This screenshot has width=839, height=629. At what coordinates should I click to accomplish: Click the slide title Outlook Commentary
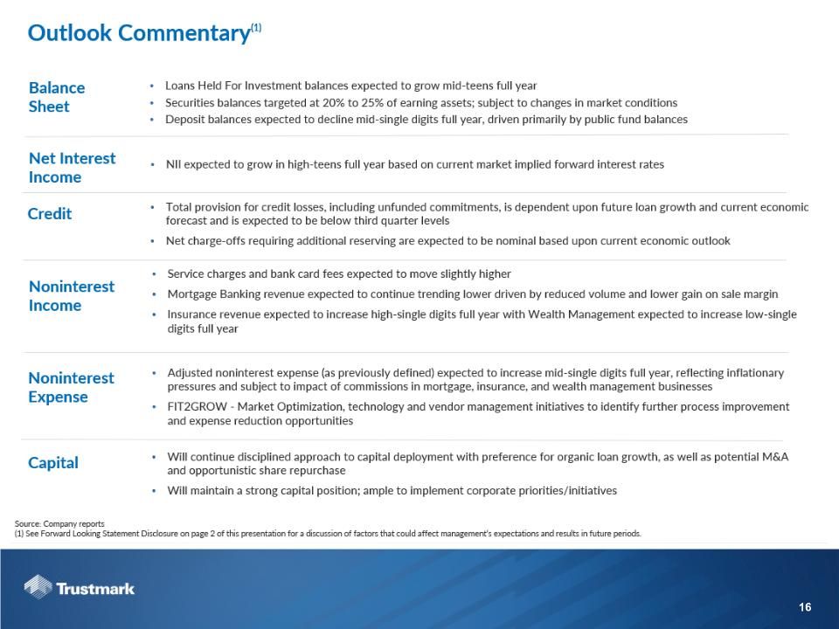click(138, 33)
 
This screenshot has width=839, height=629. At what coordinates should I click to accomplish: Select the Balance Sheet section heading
click(57, 97)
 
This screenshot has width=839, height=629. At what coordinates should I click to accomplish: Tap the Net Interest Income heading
click(72, 168)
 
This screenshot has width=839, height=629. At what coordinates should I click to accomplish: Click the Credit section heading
click(50, 214)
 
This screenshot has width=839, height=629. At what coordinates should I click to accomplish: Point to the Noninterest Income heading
click(72, 296)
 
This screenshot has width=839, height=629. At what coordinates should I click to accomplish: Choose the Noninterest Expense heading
click(71, 387)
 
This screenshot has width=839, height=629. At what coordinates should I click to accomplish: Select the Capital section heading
click(53, 463)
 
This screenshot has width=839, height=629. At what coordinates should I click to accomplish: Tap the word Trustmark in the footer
click(95, 589)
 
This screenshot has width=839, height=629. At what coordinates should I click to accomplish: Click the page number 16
click(805, 608)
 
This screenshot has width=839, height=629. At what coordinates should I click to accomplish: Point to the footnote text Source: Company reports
click(59, 524)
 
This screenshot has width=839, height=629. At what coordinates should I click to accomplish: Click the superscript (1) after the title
click(256, 28)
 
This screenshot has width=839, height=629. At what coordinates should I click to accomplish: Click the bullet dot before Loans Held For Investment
click(153, 86)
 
